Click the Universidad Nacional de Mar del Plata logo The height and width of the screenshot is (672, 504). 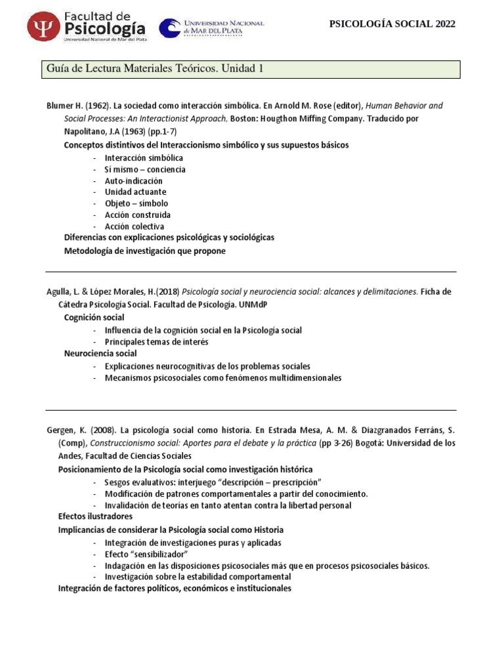pos(212,28)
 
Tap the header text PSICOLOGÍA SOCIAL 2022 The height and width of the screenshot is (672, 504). pos(391,24)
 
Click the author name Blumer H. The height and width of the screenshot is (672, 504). pos(63,106)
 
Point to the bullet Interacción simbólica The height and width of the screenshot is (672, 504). pos(143,158)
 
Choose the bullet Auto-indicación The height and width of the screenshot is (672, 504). pos(133,180)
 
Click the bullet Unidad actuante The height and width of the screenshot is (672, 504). pos(135,192)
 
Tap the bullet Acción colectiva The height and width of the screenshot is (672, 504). pos(134,226)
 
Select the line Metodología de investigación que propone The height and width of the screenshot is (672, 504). pos(144,251)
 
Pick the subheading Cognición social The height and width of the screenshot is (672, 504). pos(94,318)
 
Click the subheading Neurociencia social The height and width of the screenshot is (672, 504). pos(100,353)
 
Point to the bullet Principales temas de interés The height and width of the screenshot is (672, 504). pos(156,342)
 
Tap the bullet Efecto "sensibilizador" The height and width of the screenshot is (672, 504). pos(146,555)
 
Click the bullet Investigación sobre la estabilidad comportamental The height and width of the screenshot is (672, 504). pos(198,577)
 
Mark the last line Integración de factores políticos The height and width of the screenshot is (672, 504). pos(174,589)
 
